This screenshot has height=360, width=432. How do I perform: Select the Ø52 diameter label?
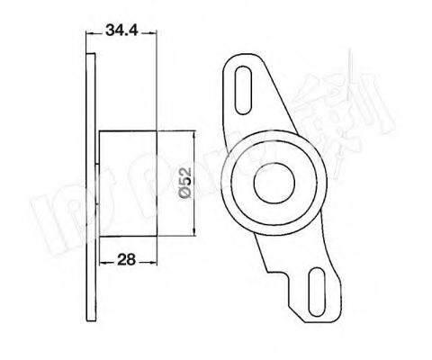(x=184, y=184)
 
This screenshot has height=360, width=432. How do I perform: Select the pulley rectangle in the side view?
(x=129, y=184)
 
